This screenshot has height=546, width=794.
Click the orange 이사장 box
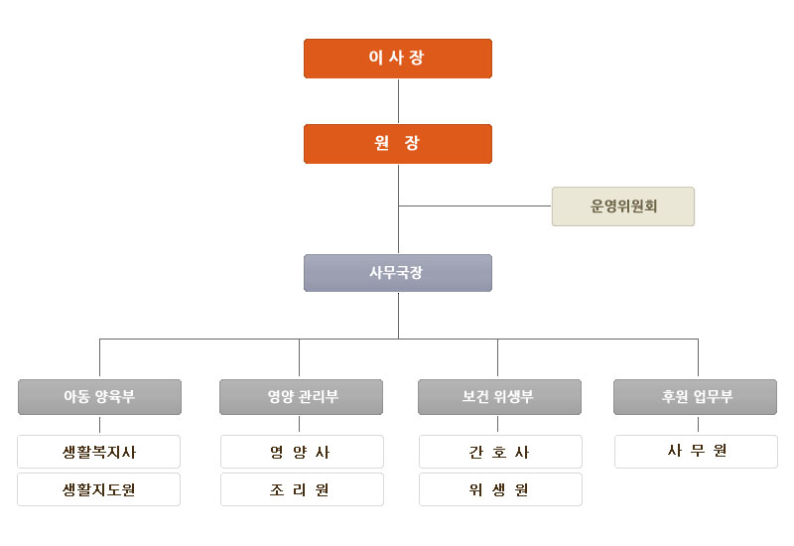click(397, 59)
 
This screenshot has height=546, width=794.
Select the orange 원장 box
click(397, 144)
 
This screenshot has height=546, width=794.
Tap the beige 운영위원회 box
click(622, 206)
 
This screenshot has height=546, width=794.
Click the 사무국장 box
click(397, 273)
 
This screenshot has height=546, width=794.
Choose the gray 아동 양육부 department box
click(99, 397)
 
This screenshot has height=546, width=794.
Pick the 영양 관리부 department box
click(301, 397)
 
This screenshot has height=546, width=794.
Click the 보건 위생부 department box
click(498, 397)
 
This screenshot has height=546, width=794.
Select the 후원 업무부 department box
click(695, 397)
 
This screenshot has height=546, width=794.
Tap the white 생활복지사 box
click(99, 452)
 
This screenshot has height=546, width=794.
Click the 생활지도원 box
click(99, 489)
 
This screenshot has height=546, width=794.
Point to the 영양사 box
click(301, 452)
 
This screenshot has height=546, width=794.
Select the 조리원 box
click(301, 489)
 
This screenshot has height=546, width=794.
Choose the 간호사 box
click(499, 452)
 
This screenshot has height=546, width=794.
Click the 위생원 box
click(499, 489)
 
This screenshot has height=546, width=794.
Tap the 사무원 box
click(696, 451)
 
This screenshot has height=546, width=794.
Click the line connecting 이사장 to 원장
click(398, 101)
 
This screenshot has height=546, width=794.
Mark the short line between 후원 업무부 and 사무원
click(698, 425)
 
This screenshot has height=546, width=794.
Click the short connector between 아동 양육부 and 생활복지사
click(99, 425)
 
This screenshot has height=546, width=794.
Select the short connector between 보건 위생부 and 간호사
click(498, 425)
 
